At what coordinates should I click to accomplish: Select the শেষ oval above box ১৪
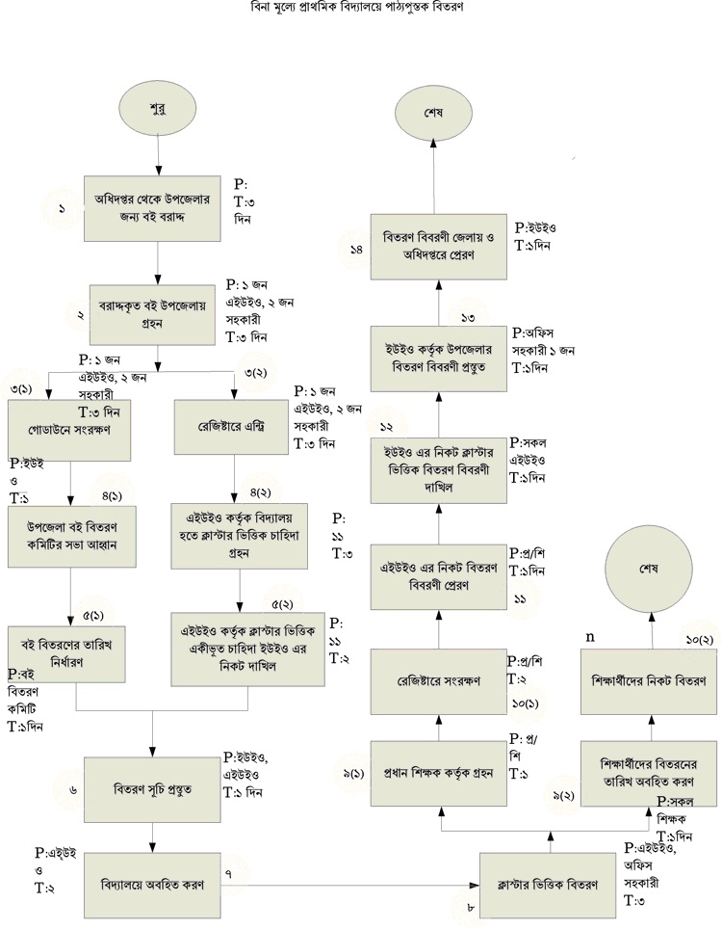pyautogui.click(x=433, y=109)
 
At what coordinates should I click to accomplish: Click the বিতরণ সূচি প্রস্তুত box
pyautogui.click(x=152, y=787)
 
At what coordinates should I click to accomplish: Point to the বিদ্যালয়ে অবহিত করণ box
pyautogui.click(x=154, y=883)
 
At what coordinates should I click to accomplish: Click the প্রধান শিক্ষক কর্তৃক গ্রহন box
pyautogui.click(x=438, y=772)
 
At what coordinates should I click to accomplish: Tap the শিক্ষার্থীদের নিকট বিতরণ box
pyautogui.click(x=650, y=679)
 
